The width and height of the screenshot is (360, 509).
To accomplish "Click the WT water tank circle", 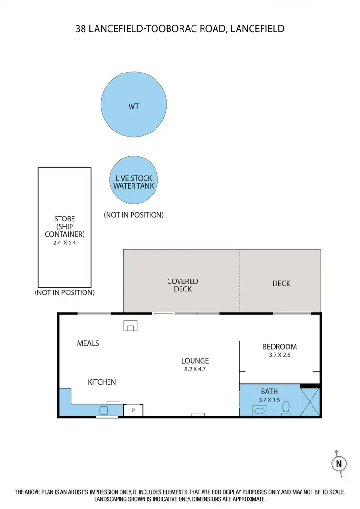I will click(x=133, y=105).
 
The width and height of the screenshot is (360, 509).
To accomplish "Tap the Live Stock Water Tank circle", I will click(x=134, y=182).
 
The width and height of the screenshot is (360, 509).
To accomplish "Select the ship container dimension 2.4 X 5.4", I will click(x=64, y=243).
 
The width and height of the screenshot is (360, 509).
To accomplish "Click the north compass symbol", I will click(x=339, y=464).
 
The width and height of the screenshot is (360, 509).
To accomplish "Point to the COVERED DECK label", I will click(x=182, y=285).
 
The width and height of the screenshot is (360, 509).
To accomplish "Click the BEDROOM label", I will click(x=279, y=346).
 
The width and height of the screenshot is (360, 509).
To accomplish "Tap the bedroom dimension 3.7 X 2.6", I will click(x=279, y=355).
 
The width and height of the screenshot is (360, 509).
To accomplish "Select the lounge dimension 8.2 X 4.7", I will click(x=195, y=369).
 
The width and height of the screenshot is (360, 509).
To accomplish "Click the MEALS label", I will click(x=88, y=343).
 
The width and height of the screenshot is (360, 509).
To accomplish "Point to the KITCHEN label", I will click(x=102, y=382).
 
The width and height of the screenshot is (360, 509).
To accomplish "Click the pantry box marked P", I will click(x=133, y=411).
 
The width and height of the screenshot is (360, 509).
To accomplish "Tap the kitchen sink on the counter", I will click(x=104, y=411).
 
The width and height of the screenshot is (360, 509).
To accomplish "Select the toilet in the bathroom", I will click(x=286, y=408).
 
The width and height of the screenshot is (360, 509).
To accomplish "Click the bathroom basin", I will click(x=260, y=411).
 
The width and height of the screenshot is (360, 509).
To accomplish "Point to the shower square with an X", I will click(x=310, y=402).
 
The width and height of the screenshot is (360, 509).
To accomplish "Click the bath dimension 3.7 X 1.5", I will click(x=269, y=400).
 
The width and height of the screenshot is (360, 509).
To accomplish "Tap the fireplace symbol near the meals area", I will click(x=130, y=326).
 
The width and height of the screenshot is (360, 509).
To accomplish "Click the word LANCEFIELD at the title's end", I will click(x=257, y=29).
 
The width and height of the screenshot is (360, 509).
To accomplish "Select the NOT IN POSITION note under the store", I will click(x=64, y=292).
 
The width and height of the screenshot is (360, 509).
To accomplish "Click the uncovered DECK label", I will click(x=281, y=283).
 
